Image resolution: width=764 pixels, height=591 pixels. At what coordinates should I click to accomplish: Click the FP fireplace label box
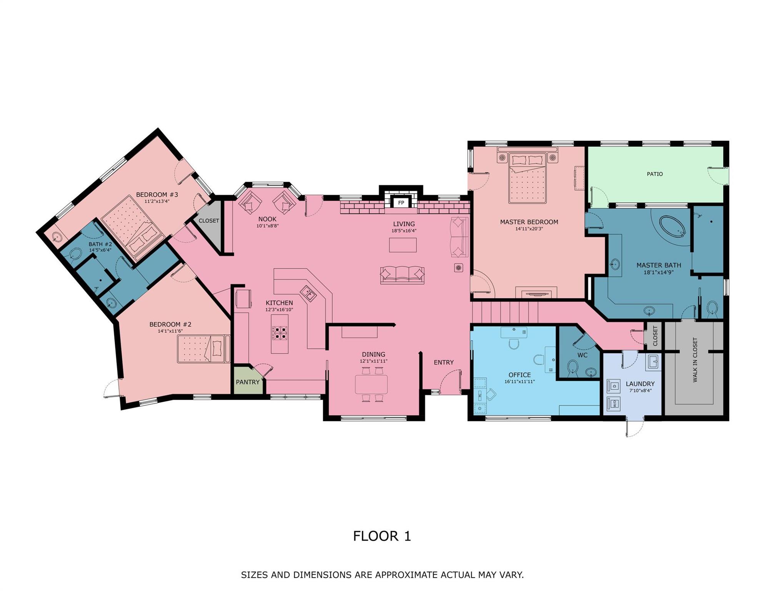[x=401, y=203]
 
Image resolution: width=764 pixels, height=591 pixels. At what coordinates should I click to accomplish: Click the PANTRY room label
[x=248, y=382]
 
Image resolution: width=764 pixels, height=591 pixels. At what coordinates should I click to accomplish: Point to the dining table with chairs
[x=371, y=384]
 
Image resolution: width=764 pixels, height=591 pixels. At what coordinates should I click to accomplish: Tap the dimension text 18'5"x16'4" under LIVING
[x=404, y=231]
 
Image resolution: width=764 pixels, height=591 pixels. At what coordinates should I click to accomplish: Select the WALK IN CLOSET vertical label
[x=695, y=360]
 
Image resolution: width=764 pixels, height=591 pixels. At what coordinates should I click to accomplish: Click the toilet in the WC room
[x=573, y=367]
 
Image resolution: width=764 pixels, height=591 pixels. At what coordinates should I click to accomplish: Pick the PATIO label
[x=654, y=174]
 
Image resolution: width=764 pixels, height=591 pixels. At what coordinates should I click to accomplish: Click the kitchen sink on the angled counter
[x=308, y=294]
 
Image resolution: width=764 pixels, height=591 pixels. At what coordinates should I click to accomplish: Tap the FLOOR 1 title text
[x=382, y=536]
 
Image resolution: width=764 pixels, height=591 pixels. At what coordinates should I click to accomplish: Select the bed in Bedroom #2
[x=203, y=349]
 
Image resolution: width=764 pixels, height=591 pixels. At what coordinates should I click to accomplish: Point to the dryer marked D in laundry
[x=614, y=386]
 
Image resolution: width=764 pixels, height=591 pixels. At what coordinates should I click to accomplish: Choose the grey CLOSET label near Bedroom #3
[x=209, y=221]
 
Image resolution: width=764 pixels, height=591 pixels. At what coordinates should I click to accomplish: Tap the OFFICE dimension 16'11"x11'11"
[x=519, y=382]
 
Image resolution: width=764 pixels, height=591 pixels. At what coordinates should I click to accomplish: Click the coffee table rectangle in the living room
[x=403, y=245]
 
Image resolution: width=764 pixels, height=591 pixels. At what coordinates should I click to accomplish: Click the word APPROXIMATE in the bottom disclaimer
[x=407, y=575]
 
